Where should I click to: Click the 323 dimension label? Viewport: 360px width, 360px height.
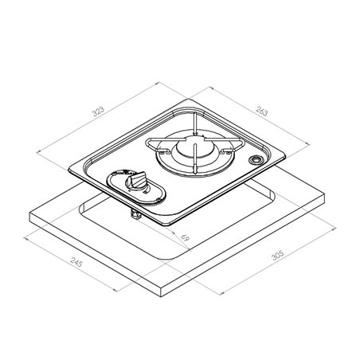click(98, 112)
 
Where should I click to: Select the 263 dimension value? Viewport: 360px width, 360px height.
click(262, 111)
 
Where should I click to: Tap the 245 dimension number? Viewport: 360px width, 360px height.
click(76, 262)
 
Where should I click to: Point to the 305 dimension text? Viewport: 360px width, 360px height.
click(278, 255)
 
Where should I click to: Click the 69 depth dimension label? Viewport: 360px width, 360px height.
click(185, 237)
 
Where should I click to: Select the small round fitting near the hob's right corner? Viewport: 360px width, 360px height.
click(256, 160)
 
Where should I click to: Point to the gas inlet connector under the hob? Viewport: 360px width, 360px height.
click(135, 215)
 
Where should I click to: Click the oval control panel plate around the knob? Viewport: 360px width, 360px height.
click(136, 187)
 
